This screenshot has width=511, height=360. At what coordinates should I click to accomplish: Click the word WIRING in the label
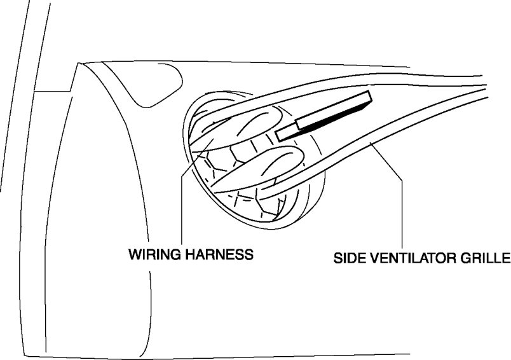coord(151,254)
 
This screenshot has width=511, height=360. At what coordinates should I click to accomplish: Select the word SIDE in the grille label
coord(349,260)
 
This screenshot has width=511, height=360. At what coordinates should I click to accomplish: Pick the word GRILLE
coord(488,260)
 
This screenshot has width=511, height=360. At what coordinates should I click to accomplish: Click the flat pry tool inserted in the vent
coord(324,115)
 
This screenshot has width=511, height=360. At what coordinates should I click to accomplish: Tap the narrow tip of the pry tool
coord(281,134)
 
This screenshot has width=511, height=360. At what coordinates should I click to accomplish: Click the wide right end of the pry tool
coord(367,98)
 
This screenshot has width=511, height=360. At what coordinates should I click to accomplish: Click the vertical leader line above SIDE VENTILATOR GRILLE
coord(403,216)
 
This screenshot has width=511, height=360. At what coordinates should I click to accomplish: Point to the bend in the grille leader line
coord(403,181)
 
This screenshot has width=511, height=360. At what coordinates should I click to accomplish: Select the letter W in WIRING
coord(135,254)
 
